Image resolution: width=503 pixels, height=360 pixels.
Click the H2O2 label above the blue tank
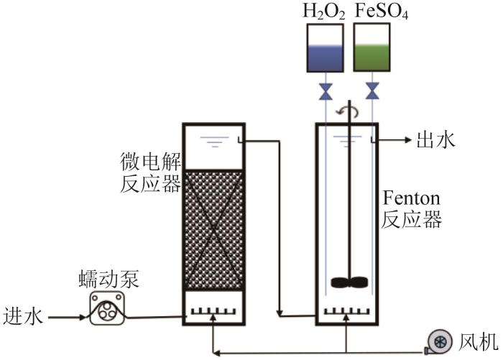324,11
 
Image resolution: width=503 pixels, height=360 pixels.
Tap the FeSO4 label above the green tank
382,11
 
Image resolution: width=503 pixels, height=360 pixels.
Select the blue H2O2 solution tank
325,47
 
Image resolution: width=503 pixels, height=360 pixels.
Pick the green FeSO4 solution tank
372,47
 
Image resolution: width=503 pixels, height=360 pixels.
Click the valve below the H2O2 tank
326,91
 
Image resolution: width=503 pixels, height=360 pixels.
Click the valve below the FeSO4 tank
372,91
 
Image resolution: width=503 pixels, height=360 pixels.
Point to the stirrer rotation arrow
347,111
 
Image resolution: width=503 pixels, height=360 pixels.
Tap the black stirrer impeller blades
349,282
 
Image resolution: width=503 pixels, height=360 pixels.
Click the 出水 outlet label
435,140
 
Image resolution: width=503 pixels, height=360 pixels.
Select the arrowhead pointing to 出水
408,140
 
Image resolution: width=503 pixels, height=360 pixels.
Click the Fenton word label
411,198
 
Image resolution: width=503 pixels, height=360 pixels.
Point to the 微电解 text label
151,162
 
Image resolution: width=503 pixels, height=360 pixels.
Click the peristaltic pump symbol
107,308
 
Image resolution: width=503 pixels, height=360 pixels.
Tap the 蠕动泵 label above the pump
109,279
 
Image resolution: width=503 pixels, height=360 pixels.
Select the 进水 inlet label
23,315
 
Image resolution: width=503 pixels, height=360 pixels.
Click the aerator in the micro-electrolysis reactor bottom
213,312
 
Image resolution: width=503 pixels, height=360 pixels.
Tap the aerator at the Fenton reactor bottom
346,311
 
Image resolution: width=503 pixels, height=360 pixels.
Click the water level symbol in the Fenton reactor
347,141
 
